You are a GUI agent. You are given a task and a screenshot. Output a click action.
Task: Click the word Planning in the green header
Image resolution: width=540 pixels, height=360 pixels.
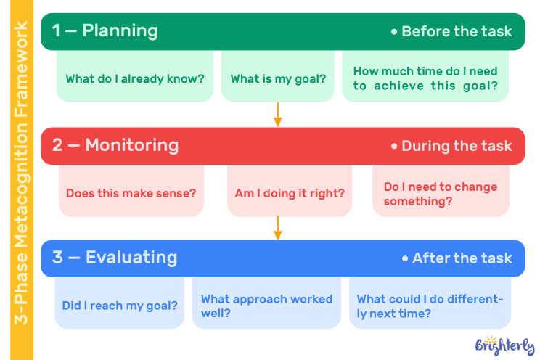coord(120,31)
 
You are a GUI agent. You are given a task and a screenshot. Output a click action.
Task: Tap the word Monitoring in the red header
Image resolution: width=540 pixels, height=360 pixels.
coord(132,145)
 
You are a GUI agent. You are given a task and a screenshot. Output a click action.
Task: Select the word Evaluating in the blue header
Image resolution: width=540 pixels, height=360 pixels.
coord(131,258)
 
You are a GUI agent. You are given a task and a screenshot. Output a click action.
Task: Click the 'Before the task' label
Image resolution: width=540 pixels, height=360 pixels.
coord(451,31)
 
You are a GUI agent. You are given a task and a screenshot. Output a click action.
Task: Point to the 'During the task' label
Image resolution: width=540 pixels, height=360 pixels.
coord(451,146)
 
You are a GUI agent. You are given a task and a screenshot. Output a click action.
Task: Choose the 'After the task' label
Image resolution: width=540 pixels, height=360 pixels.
coord(457,258)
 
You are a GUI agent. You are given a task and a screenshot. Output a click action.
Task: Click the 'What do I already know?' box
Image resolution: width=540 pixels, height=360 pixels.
coord(135,76)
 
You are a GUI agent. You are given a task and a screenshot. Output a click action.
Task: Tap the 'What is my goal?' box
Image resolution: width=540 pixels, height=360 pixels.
coord(278,76)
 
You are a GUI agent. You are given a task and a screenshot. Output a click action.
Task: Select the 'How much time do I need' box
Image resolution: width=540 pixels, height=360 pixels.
coord(425,76)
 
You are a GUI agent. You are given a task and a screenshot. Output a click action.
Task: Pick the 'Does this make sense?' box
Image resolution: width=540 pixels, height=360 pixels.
coord(131,190)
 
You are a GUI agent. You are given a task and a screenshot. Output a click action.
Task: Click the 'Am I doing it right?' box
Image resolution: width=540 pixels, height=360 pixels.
coord(290,190)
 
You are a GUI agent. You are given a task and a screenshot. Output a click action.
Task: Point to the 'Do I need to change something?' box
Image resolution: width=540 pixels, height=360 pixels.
coord(441,190)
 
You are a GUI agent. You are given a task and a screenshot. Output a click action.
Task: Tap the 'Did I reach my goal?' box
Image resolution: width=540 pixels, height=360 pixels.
coord(120,303)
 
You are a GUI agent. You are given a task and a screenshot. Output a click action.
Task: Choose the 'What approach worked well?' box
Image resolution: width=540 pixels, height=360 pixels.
coord(266,303)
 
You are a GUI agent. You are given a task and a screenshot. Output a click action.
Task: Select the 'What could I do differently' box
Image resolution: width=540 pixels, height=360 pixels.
coord(430,303)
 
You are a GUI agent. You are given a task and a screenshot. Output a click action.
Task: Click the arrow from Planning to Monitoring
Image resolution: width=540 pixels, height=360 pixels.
coord(278,115)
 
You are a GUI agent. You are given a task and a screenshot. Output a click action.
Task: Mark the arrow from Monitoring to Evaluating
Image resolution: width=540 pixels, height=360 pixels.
coord(278,228)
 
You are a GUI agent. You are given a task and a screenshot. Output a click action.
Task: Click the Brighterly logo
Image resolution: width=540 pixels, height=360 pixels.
coord(504,345)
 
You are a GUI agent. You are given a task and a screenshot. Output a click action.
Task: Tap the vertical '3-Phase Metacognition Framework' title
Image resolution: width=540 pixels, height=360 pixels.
coord(21,173)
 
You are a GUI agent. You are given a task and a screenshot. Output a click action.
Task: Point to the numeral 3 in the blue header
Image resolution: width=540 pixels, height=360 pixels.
coord(57,258)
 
